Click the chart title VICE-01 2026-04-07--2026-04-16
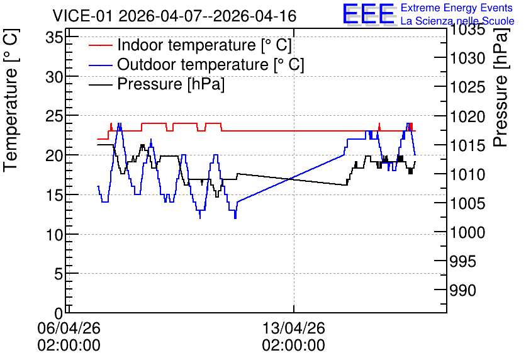click(x=174, y=16)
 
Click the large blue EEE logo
click(x=368, y=14)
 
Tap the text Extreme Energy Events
click(x=457, y=8)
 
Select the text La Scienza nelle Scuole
click(x=457, y=21)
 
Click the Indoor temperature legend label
click(x=204, y=45)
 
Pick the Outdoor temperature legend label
click(x=211, y=64)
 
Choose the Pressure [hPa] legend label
click(x=171, y=84)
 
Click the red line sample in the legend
click(x=101, y=45)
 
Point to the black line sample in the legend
click(x=101, y=84)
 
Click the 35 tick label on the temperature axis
click(x=54, y=37)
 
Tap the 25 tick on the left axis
click(x=54, y=115)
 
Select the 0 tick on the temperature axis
click(x=59, y=313)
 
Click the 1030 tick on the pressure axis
click(x=467, y=59)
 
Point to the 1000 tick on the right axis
click(x=467, y=232)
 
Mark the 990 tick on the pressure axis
click(x=462, y=291)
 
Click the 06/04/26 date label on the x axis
click(x=69, y=328)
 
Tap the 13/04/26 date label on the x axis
click(x=294, y=328)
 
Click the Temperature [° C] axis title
click(x=11, y=100)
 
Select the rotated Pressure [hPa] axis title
click(x=501, y=88)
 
